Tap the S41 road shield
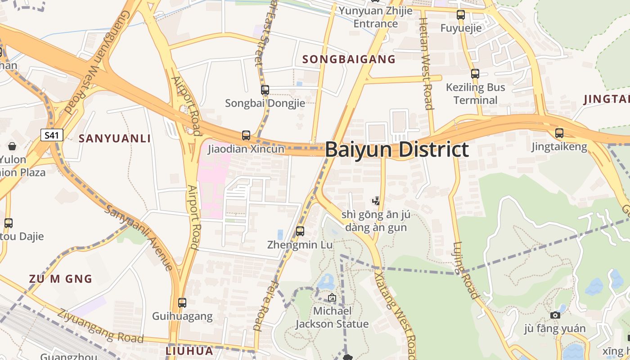(52, 135)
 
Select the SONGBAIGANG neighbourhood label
(349, 59)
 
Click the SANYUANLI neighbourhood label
(115, 139)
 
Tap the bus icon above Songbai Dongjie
(265, 90)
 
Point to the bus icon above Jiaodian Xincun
(246, 135)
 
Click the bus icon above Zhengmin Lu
(300, 231)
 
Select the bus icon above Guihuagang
(182, 302)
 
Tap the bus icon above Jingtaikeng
(559, 133)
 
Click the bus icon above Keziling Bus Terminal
(475, 74)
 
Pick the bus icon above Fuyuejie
(460, 14)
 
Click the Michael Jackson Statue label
(332, 317)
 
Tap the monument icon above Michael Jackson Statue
(332, 297)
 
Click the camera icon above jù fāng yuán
(555, 315)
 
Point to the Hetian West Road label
(426, 63)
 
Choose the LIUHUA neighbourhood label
(189, 351)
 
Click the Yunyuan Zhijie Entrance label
(376, 17)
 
